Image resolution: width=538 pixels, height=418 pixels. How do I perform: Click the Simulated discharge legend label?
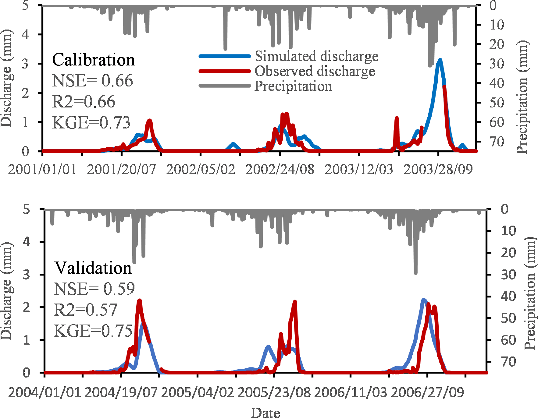[x=316, y=56]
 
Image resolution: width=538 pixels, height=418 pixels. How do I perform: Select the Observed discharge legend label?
[x=315, y=71]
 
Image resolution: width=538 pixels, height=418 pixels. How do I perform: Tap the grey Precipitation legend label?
[x=293, y=86]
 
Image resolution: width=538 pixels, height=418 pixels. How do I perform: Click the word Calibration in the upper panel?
[x=93, y=60]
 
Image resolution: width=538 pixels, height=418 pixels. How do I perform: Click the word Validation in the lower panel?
[x=93, y=268]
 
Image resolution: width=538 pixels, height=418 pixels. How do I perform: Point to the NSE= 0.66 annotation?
[x=92, y=81]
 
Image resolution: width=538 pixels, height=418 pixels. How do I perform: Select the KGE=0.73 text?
[x=91, y=123]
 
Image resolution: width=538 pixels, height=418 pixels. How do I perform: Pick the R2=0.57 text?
[x=85, y=310]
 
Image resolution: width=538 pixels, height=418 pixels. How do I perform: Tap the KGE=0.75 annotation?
[x=93, y=331]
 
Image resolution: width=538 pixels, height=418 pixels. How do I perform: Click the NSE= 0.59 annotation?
[x=94, y=289]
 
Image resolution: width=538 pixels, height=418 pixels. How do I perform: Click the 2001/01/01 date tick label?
[x=42, y=169]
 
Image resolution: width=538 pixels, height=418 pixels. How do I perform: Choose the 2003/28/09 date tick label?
[x=438, y=169]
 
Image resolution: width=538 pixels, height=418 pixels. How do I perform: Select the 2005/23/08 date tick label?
[x=274, y=392]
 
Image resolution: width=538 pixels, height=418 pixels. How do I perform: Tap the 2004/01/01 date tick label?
[x=45, y=392]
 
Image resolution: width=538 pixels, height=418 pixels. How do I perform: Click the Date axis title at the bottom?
[x=265, y=413]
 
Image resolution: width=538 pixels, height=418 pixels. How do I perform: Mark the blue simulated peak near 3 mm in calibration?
[x=440, y=61]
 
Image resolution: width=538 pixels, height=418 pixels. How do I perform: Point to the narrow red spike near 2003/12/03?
[x=397, y=119]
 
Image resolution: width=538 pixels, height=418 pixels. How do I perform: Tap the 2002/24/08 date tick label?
[x=280, y=169]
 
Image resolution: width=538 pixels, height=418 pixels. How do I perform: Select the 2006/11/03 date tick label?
[x=351, y=392]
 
